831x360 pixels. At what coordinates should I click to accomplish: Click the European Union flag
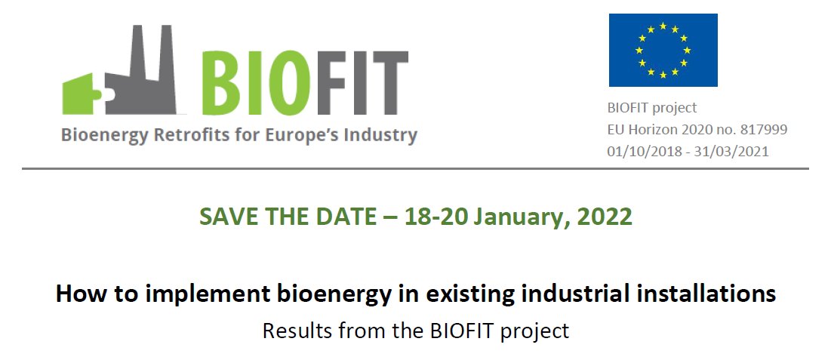663,50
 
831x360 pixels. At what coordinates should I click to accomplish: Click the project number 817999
762,130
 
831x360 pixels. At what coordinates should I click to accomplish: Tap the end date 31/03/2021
735,151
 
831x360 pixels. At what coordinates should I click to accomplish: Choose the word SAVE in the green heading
226,217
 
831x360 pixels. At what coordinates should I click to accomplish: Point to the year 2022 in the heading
605,217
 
